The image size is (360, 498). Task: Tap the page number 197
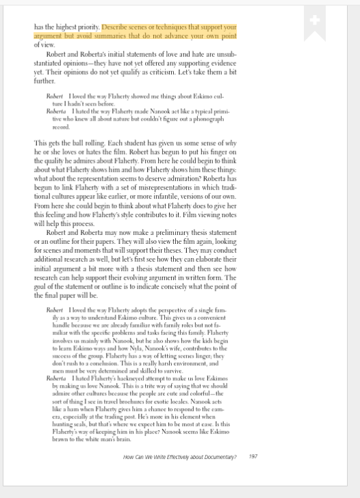(253, 456)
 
